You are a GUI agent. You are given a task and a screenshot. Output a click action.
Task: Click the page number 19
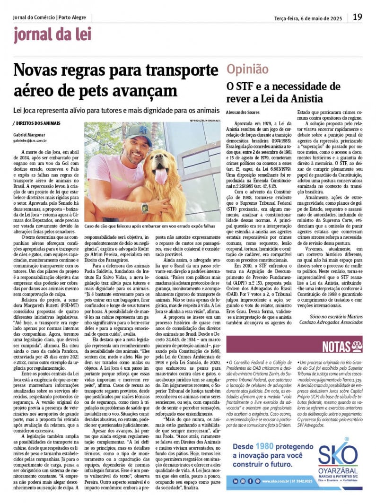(x=358, y=17)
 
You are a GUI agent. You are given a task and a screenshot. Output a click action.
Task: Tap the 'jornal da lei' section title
(x=46, y=35)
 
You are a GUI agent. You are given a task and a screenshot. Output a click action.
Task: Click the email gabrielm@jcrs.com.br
(x=30, y=140)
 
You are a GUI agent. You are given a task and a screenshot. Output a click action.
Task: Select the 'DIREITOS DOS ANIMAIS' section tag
(x=37, y=123)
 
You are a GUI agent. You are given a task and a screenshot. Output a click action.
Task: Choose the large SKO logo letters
(x=337, y=456)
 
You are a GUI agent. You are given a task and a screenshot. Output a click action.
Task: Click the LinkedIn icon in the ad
(x=235, y=481)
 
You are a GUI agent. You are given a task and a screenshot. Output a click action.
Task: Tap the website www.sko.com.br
(x=277, y=481)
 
